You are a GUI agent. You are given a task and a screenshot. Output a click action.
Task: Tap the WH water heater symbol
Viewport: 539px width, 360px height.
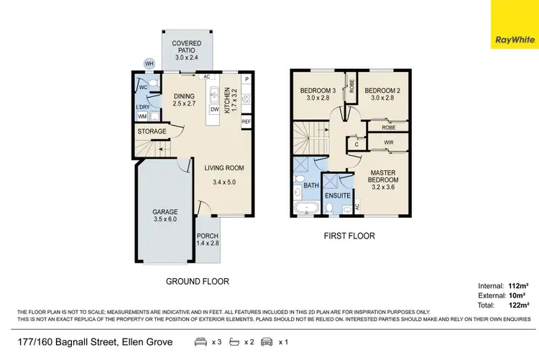point(149,64)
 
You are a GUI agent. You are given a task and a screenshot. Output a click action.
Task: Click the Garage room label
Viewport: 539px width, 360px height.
point(164,215)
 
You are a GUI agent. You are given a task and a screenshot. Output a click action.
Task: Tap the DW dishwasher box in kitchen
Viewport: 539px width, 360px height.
point(214,109)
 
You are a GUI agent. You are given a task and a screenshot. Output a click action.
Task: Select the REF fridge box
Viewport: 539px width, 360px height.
point(246,122)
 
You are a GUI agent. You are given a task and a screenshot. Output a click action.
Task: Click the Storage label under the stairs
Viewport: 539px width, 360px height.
point(152,131)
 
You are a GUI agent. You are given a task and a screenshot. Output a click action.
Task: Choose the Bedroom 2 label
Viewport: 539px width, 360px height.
point(382,95)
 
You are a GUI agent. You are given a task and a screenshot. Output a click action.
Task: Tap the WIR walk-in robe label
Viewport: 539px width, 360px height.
point(389,143)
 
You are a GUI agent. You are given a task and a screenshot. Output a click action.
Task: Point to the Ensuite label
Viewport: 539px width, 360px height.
point(337,195)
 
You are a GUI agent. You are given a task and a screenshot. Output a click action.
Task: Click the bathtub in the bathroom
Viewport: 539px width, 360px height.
point(306,209)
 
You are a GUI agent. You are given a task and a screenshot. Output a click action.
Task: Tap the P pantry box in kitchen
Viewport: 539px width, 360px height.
point(246,79)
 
